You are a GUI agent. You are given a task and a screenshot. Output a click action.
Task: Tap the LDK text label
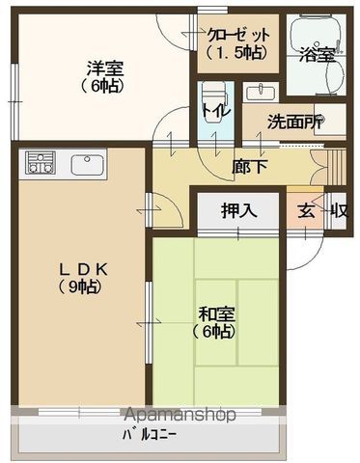click(x=83, y=270)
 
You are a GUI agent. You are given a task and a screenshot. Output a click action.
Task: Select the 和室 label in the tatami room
click(x=216, y=314)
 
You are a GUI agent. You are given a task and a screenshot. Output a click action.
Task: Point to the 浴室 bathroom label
click(x=318, y=55)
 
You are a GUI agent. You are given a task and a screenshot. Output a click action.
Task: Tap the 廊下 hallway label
click(x=250, y=166)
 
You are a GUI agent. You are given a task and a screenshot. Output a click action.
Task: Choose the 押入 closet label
click(x=239, y=211)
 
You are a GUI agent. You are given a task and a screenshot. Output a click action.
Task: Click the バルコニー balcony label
click(x=150, y=436)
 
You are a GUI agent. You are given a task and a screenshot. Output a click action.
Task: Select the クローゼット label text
click(x=239, y=35)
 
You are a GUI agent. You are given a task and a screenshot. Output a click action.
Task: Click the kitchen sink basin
click(x=88, y=165)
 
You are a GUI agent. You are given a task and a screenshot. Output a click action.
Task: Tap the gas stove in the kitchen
click(x=41, y=163)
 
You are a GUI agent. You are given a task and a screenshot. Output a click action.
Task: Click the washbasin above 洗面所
click(x=261, y=93)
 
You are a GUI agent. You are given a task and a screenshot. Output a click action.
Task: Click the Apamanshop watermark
click(x=180, y=415)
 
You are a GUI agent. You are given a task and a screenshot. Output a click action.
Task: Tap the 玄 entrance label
click(x=306, y=211)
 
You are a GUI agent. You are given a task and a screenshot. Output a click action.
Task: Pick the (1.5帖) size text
click(x=236, y=52)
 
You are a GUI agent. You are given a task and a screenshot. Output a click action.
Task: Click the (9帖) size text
click(x=80, y=286)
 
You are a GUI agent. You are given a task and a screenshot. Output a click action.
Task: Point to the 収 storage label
click(x=340, y=211)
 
